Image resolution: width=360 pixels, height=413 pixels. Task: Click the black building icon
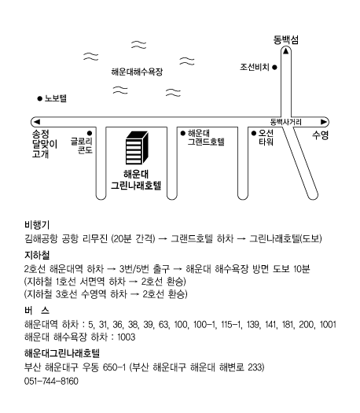click(x=137, y=148)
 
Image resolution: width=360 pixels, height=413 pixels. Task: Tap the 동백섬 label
click(x=286, y=40)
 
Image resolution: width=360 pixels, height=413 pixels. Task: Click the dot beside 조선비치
click(x=274, y=68)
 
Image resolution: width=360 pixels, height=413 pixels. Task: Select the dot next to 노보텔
click(x=40, y=99)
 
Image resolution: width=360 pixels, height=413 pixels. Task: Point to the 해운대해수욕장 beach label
click(x=137, y=72)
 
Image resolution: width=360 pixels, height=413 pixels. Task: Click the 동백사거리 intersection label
click(x=286, y=122)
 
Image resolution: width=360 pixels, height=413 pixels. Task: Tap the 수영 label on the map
click(x=320, y=135)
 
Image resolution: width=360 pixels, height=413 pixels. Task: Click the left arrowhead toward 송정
click(x=37, y=122)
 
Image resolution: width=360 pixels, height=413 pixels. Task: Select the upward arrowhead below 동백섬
click(x=286, y=51)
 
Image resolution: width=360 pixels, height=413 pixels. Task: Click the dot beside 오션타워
click(x=254, y=133)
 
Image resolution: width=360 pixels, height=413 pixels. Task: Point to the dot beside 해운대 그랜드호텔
click(x=183, y=133)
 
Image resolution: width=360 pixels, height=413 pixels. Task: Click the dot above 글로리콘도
click(x=90, y=133)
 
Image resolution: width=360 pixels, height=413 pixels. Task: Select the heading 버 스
click(x=37, y=311)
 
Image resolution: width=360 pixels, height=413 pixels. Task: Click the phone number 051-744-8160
click(x=51, y=381)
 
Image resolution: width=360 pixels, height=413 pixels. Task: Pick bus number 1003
click(x=127, y=337)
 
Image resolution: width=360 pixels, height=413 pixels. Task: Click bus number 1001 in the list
click(x=328, y=324)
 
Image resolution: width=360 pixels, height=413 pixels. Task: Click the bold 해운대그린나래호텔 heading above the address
click(x=62, y=353)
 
